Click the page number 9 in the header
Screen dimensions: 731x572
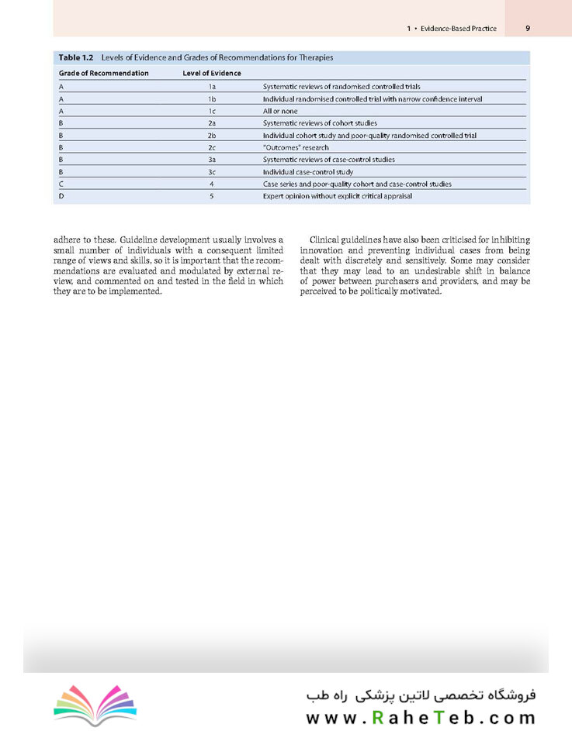[x=528, y=28]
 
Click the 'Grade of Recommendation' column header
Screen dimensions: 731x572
[x=103, y=73]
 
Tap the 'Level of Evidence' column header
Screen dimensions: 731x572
[x=211, y=73]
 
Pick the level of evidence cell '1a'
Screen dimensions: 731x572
[x=211, y=87]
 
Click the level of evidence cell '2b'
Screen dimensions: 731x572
[x=211, y=136]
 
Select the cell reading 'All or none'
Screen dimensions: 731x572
[x=280, y=112]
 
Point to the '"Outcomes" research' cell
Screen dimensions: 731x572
[x=296, y=147]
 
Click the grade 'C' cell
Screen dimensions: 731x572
[x=61, y=184]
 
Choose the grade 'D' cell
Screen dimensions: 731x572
[x=61, y=196]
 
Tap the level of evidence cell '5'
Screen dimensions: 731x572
[x=211, y=196]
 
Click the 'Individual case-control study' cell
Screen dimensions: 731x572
[x=307, y=171]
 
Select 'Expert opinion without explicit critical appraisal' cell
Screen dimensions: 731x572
[x=338, y=196]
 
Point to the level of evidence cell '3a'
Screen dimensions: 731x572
[x=211, y=160]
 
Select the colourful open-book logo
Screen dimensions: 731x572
[x=95, y=705]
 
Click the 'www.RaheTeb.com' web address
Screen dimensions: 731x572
[x=420, y=718]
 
